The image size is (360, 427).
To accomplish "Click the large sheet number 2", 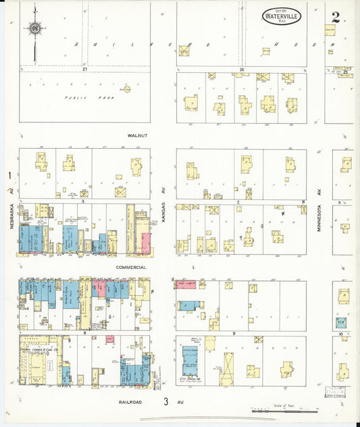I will (336, 16).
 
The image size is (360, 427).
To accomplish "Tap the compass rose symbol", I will (33, 28).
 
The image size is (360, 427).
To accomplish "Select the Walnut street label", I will (137, 136).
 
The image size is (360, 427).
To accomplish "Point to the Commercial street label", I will (131, 268).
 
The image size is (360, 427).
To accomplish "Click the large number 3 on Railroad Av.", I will (165, 402).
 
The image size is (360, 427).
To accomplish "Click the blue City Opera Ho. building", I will (190, 361).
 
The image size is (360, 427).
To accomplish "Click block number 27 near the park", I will (85, 69).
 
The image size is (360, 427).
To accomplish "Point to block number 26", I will (241, 69).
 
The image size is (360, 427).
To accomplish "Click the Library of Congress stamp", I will (335, 393).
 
